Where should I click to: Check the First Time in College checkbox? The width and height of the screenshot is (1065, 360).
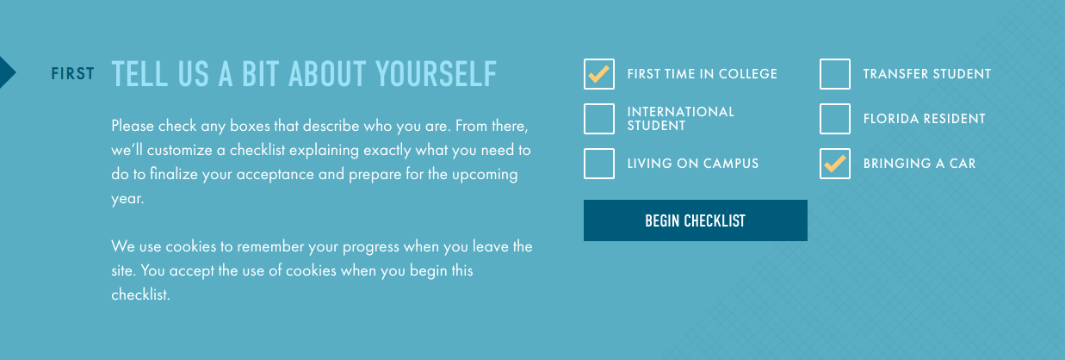[599, 74]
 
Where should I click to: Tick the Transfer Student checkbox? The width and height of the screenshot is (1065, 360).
[835, 74]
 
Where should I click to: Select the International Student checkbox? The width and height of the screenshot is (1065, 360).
[599, 118]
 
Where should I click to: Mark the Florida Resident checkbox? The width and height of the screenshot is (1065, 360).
[835, 118]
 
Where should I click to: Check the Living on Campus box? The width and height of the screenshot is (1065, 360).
[599, 163]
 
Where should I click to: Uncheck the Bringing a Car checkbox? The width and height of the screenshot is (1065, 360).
[835, 163]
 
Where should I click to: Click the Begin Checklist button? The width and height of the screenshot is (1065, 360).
[695, 220]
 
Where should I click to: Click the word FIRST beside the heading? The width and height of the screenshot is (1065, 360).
[72, 74]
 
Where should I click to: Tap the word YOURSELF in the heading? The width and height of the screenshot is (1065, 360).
[436, 74]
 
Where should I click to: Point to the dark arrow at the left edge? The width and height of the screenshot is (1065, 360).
[7, 72]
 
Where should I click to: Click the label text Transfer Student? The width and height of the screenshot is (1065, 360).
[927, 74]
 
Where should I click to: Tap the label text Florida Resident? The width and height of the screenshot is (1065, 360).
[925, 118]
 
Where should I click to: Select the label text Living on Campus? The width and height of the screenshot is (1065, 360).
[693, 163]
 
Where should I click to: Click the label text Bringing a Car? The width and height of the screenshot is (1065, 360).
[919, 163]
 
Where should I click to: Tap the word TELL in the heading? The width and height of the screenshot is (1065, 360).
[139, 74]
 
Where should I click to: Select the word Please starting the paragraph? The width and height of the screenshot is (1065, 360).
[133, 126]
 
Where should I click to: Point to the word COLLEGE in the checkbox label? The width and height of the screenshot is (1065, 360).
[748, 74]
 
